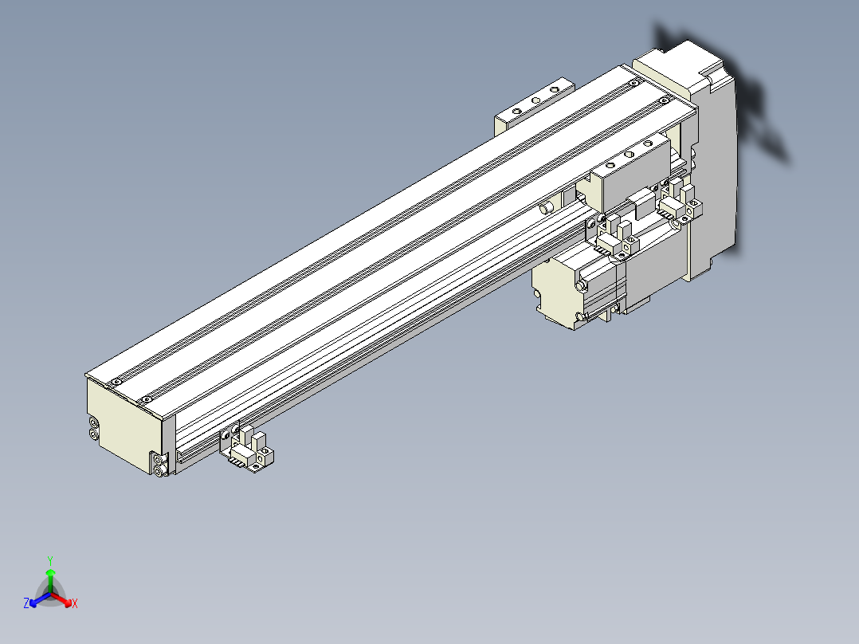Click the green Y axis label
[49, 560]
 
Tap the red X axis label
[74, 604]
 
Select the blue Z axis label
[26, 604]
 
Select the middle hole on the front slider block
[629, 155]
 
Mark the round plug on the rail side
[546, 208]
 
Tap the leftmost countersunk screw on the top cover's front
[116, 382]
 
